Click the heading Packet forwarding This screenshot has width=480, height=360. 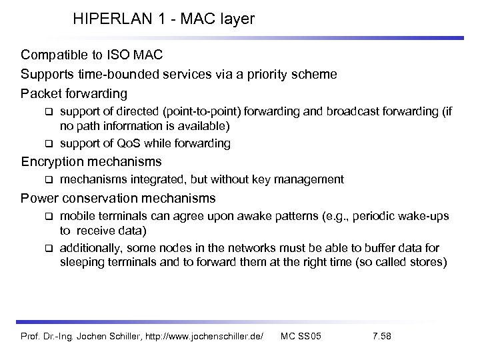coord(74,93)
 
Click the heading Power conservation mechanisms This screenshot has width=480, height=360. coord(118,197)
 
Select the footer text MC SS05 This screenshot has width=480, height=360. coord(301,335)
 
